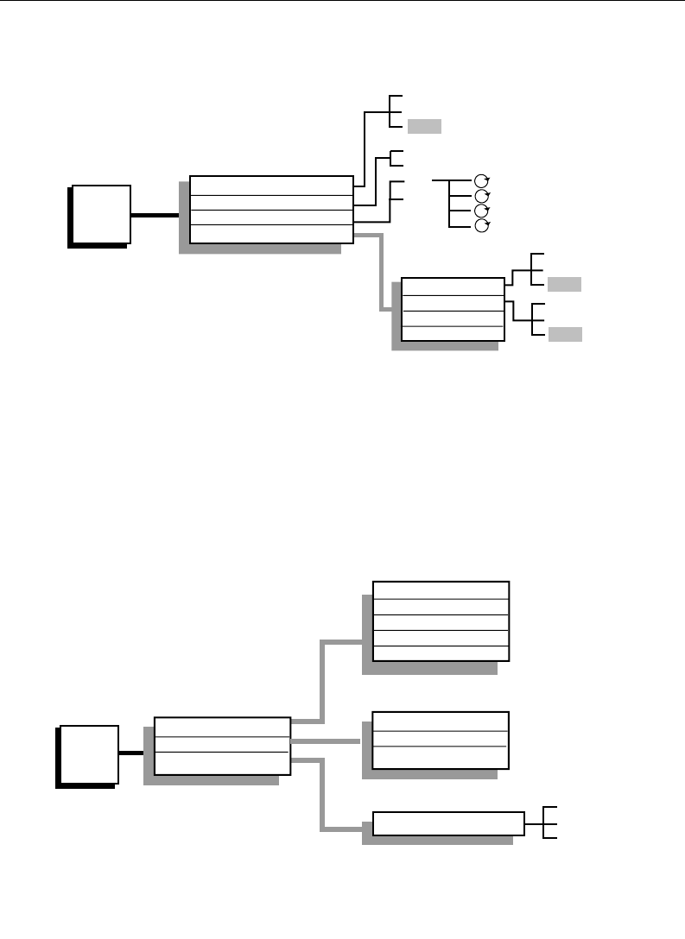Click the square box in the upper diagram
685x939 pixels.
coord(101,213)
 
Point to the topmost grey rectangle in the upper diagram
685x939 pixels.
coord(424,127)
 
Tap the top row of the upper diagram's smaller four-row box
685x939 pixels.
coord(453,286)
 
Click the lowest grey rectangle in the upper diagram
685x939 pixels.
coord(564,334)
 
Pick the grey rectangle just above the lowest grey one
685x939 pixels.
coord(564,284)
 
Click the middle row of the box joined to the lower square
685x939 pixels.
coord(222,745)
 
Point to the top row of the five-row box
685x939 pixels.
coord(441,589)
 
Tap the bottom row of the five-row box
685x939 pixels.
coord(441,653)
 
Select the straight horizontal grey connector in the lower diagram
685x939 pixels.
coord(326,741)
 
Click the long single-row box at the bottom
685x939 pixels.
coord(447,823)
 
